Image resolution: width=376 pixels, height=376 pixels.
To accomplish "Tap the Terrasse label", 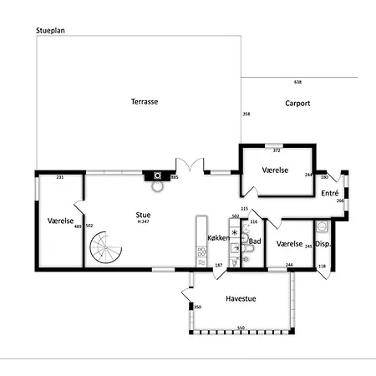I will pyautogui.click(x=145, y=102).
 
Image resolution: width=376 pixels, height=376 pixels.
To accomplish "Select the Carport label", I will pyautogui.click(x=297, y=104).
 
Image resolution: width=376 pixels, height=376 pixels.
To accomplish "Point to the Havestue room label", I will pyautogui.click(x=240, y=297).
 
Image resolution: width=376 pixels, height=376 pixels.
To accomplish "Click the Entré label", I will pyautogui.click(x=329, y=193).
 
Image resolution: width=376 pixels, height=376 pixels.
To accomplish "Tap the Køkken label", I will pyautogui.click(x=218, y=238).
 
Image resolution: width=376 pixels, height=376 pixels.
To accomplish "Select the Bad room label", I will pyautogui.click(x=255, y=242).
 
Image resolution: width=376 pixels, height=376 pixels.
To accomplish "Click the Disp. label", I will pyautogui.click(x=323, y=244).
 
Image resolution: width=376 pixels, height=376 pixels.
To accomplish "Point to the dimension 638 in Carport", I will pyautogui.click(x=298, y=82).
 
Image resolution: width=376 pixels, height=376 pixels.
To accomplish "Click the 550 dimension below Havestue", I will pyautogui.click(x=241, y=328).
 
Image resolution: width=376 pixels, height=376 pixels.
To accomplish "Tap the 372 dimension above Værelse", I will pyautogui.click(x=277, y=151).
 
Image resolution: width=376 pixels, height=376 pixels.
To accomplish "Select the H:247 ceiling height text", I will pyautogui.click(x=144, y=221).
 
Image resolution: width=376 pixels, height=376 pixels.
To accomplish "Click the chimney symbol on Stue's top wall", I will pyautogui.click(x=156, y=175).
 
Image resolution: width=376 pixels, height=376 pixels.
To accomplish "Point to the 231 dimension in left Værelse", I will pyautogui.click(x=60, y=178).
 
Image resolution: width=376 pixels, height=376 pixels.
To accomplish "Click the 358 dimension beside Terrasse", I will pyautogui.click(x=246, y=114).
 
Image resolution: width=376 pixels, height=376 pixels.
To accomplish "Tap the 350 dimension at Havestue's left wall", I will pyautogui.click(x=198, y=307).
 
